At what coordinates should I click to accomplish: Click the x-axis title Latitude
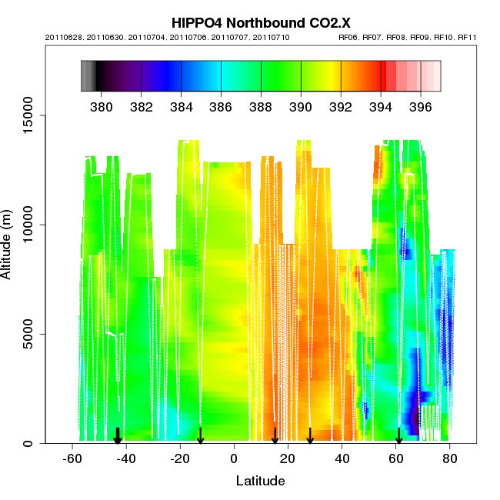pyautogui.click(x=260, y=481)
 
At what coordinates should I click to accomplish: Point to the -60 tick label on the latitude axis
pyautogui.click(x=72, y=459)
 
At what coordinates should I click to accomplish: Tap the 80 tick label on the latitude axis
pyautogui.click(x=449, y=459)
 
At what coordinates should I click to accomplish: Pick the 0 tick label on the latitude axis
pyautogui.click(x=234, y=459)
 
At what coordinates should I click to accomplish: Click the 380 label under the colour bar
pyautogui.click(x=102, y=105)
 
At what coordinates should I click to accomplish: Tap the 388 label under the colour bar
pyautogui.click(x=261, y=105)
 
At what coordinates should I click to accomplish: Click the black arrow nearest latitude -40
pyautogui.click(x=118, y=436)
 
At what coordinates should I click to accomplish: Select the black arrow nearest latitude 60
pyautogui.click(x=398, y=436)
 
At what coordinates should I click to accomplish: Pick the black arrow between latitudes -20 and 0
pyautogui.click(x=201, y=436)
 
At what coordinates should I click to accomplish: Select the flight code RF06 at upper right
pyautogui.click(x=348, y=37)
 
